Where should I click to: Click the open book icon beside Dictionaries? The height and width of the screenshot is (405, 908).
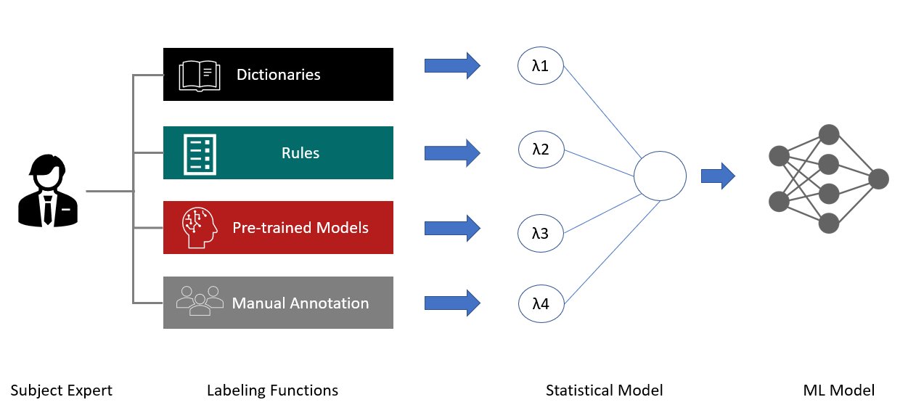click(x=200, y=75)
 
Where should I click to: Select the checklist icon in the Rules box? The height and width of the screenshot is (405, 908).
click(x=200, y=155)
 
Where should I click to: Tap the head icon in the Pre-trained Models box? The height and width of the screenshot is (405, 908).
click(x=200, y=227)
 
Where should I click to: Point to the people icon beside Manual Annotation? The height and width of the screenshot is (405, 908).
click(x=200, y=300)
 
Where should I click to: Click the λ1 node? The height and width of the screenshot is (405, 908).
click(x=540, y=65)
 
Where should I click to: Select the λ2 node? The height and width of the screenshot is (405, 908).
click(x=541, y=150)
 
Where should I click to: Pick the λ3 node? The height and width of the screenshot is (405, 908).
click(x=540, y=234)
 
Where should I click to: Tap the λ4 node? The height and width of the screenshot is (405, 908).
click(x=541, y=303)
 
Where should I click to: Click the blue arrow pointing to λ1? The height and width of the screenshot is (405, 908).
click(x=452, y=65)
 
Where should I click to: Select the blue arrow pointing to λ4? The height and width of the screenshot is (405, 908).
click(x=452, y=303)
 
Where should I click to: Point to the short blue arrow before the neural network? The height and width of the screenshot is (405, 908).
click(x=718, y=176)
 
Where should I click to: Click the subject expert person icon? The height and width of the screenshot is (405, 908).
click(x=48, y=190)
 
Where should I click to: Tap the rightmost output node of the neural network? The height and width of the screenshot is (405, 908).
click(x=878, y=179)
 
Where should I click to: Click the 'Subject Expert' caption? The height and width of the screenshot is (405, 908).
click(x=61, y=390)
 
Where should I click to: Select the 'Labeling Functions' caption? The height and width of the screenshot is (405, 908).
click(x=272, y=390)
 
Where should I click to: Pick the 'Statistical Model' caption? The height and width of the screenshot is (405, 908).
click(x=605, y=390)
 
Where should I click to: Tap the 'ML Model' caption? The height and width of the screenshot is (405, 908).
click(x=838, y=390)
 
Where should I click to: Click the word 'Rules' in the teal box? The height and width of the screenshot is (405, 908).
click(x=300, y=153)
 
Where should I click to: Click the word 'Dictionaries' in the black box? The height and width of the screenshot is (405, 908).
click(x=279, y=75)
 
